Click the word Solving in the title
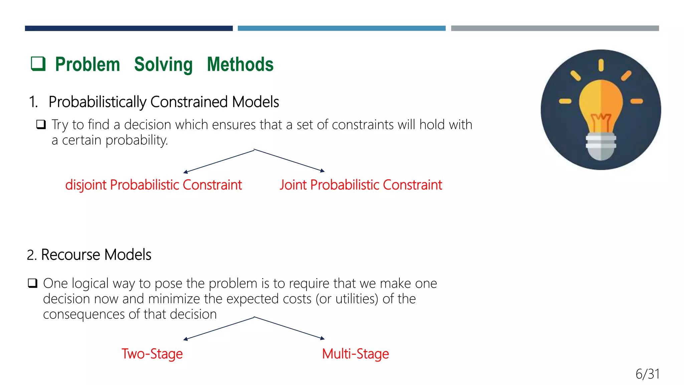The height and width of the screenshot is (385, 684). (163, 65)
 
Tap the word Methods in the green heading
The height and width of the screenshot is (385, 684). (240, 65)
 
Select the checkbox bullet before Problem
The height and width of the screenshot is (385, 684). (38, 63)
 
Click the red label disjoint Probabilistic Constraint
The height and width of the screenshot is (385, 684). (153, 185)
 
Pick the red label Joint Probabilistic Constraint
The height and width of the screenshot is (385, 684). (361, 185)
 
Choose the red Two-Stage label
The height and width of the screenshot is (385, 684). (152, 354)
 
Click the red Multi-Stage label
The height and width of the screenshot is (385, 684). (355, 354)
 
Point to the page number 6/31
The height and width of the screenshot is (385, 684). (647, 374)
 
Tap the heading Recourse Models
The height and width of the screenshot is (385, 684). (89, 255)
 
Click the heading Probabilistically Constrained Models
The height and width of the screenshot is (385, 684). (163, 102)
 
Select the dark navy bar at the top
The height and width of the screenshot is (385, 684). (129, 28)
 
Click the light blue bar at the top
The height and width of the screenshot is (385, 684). (341, 28)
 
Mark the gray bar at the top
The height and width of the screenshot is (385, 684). (555, 28)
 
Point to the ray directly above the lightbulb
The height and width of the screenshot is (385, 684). (601, 65)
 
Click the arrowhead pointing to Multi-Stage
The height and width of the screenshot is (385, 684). (322, 338)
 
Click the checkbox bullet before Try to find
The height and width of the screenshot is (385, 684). (41, 125)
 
